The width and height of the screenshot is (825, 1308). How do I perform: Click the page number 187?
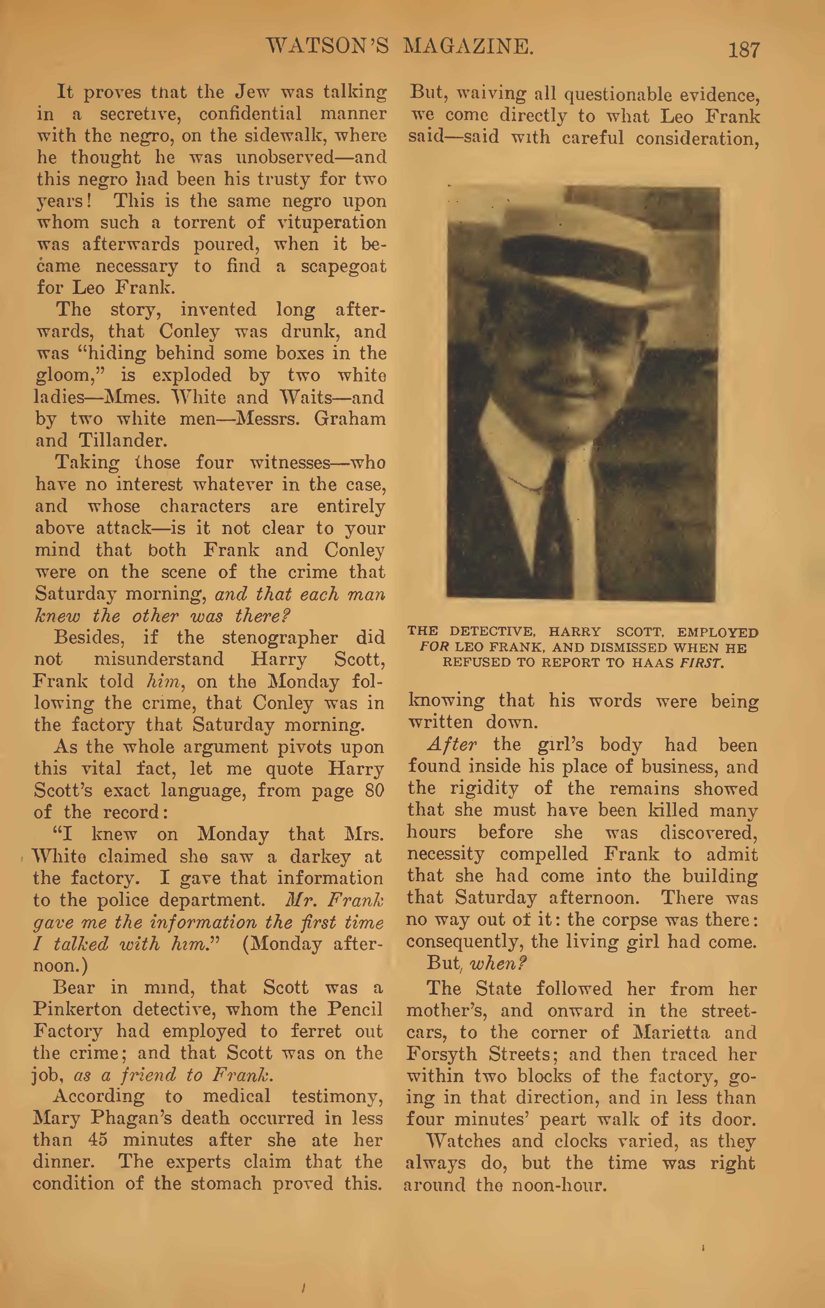pos(743,50)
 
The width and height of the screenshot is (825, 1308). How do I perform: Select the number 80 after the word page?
pos(374,790)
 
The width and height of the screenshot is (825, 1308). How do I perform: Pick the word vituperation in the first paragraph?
pos(332,223)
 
